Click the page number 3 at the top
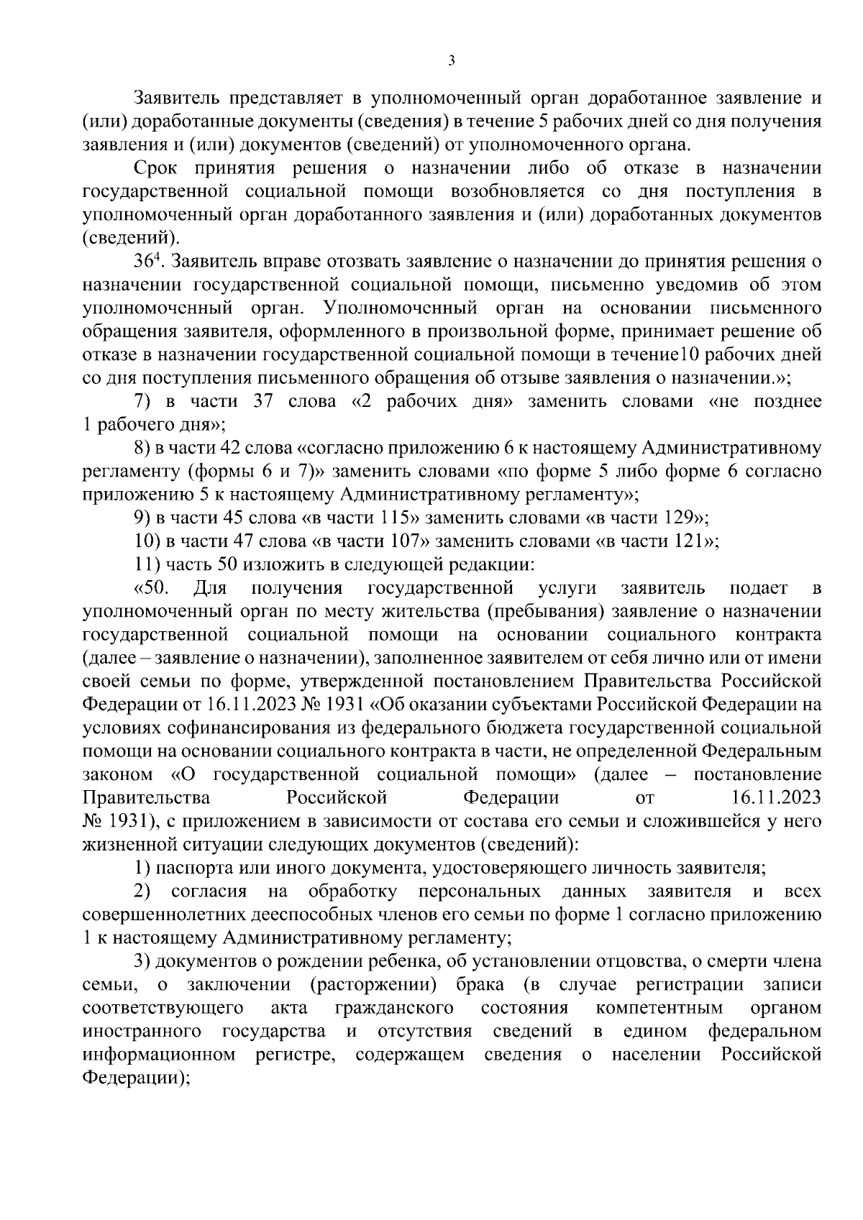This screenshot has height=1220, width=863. click(451, 62)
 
